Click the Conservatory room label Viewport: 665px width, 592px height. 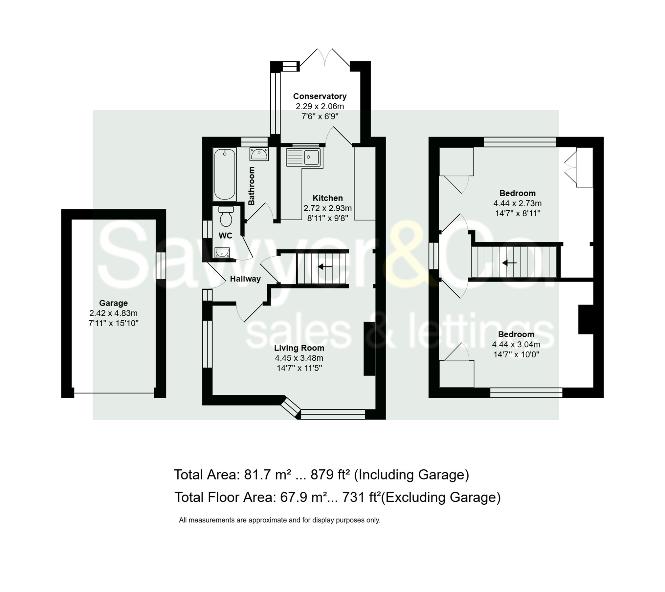pos(320,96)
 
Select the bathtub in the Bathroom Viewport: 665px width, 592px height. pos(225,174)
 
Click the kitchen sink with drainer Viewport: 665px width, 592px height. pos(304,158)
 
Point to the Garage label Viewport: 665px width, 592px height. pos(113,303)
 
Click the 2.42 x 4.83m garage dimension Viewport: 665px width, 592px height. pos(113,313)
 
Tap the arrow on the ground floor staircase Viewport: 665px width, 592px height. pos(325,267)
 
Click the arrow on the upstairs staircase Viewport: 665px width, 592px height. pos(509,263)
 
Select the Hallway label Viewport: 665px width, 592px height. pos(245,279)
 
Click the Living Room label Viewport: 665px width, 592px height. pos(299,348)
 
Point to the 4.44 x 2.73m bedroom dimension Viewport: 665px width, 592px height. pos(517,203)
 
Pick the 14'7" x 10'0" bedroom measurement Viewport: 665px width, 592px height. pos(516,354)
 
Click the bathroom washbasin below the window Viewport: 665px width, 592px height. pos(259,154)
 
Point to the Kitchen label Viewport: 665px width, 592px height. pos(327,198)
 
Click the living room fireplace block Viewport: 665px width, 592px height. pos(369,349)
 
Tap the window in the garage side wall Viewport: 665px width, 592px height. pos(161,265)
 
